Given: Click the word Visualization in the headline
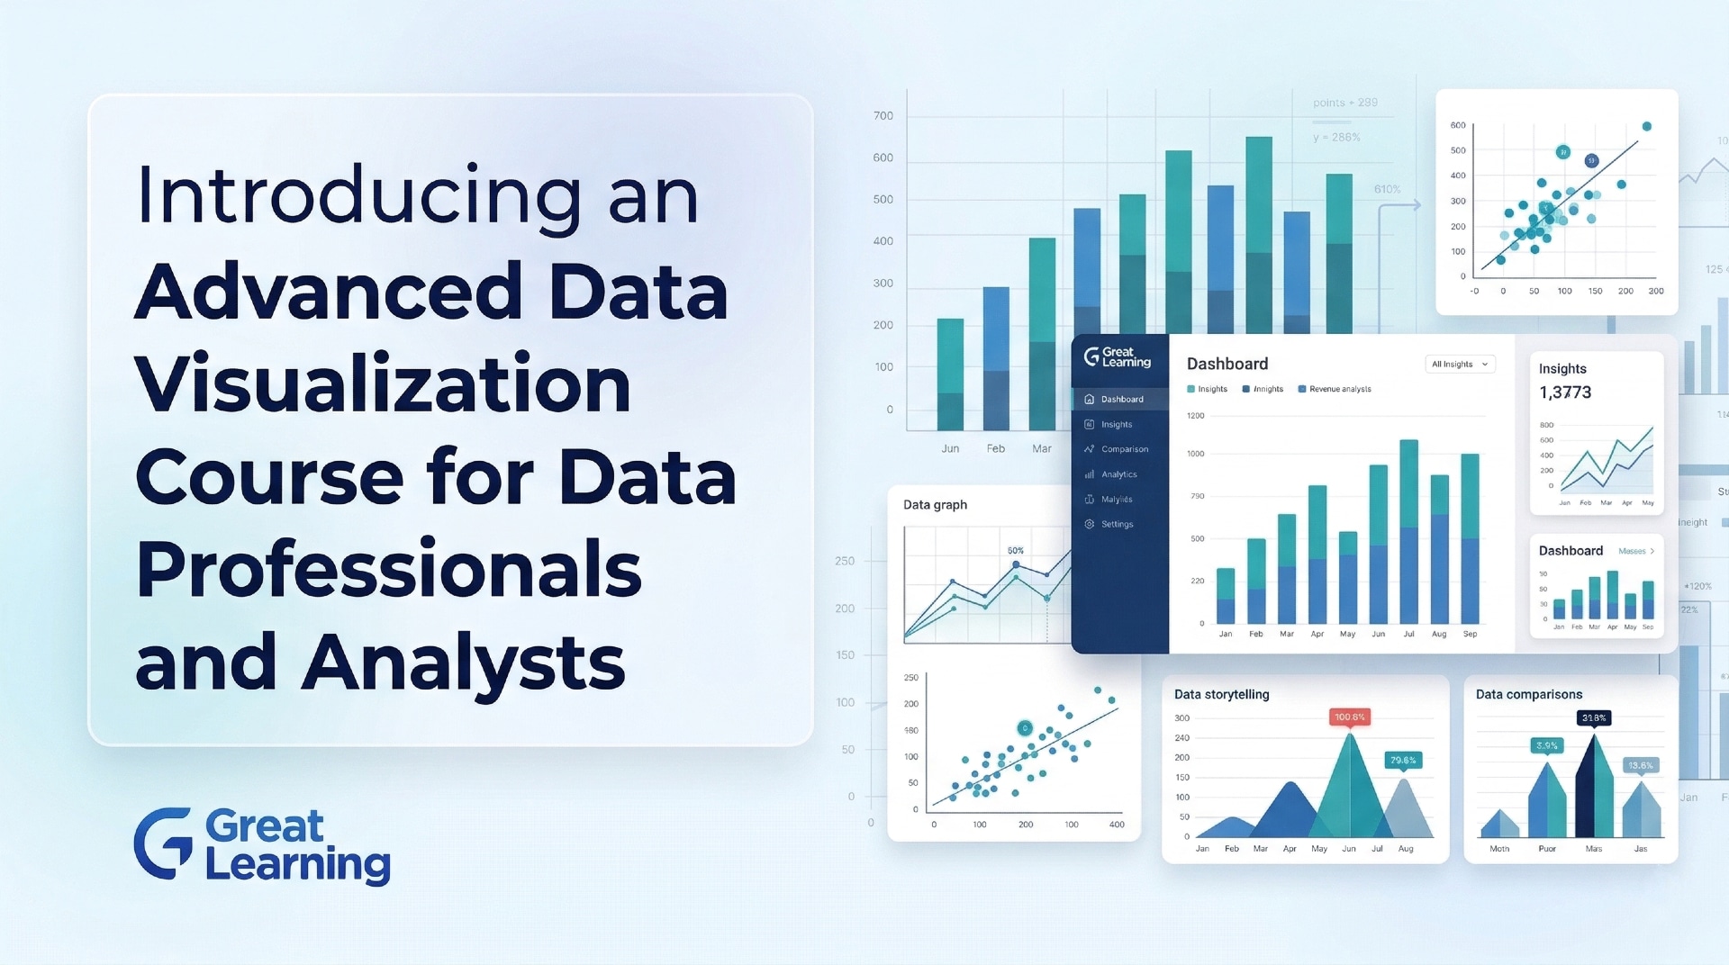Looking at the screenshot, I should pos(383,384).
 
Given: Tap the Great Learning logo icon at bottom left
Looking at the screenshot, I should pos(163,843).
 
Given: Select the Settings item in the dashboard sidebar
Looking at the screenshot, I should pos(1117,524).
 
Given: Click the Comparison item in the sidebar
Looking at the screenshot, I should pos(1124,449).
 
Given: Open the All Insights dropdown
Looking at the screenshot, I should pos(1460,364).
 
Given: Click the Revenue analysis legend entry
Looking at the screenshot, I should pos(1339,389).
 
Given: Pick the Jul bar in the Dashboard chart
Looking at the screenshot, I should pos(1408,531).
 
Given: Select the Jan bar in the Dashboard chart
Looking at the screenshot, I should pos(1226,596).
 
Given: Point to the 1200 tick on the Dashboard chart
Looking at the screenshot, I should pos(1195,416).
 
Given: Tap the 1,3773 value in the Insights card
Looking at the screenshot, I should pos(1565,392).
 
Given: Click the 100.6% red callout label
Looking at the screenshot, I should pos(1349,717).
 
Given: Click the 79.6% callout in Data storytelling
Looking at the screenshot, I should pos(1403,761).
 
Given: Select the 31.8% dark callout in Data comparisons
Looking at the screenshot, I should pos(1593,718).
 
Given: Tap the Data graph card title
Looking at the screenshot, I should pos(935,505).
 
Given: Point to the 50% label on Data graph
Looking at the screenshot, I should pos(1015,551).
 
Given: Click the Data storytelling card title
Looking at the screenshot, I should pos(1221,694).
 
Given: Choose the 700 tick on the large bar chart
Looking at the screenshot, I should pos(883,116).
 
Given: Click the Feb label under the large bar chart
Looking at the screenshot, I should pos(995,448).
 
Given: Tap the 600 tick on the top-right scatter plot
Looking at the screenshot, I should pos(1458,125).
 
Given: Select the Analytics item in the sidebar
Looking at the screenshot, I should pos(1118,474).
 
